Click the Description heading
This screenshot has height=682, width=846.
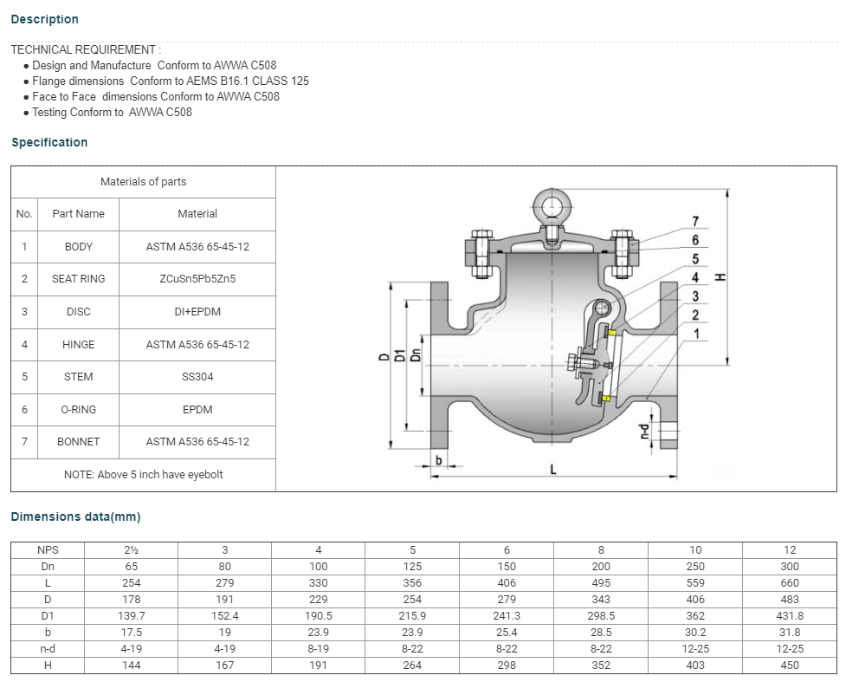click(x=45, y=19)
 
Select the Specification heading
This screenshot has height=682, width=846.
click(x=49, y=143)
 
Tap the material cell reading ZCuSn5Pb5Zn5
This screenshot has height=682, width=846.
click(x=197, y=279)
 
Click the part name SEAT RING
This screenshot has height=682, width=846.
click(x=78, y=279)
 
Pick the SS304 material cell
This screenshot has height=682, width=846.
click(x=197, y=377)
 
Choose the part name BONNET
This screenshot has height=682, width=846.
click(x=78, y=442)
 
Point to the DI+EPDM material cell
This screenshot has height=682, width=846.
click(x=197, y=312)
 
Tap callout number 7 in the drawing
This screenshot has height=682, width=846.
click(x=695, y=221)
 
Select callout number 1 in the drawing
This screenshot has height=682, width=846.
click(x=696, y=334)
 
